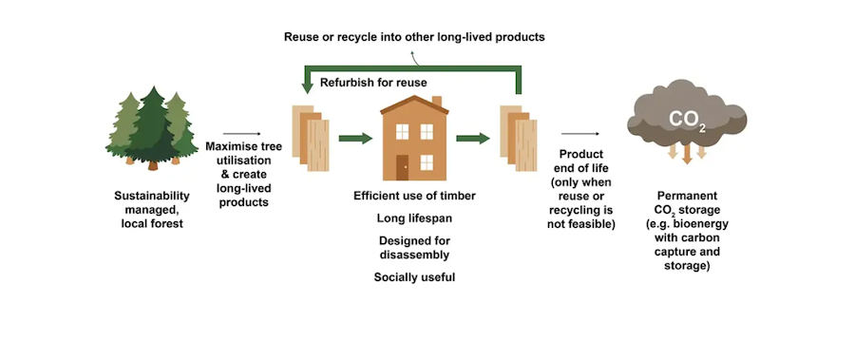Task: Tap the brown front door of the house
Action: tap(403, 167)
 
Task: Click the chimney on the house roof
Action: tap(437, 102)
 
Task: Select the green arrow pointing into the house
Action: tap(355, 139)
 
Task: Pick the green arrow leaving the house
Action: tap(473, 139)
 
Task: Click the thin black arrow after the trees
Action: tap(242, 134)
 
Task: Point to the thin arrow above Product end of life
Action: tap(580, 134)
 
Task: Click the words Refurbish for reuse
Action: tap(373, 83)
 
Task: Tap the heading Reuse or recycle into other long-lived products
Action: tap(414, 37)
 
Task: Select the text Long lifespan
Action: tap(414, 218)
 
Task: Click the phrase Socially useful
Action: tap(414, 277)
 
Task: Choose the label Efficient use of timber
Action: tap(414, 196)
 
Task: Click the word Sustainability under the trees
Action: tap(152, 196)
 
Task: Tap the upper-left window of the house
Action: tap(403, 131)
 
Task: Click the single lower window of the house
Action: tap(427, 162)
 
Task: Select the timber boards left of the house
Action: tap(311, 138)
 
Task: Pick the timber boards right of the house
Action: tap(519, 138)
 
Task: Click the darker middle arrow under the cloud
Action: tap(687, 154)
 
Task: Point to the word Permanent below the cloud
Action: tap(687, 196)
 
